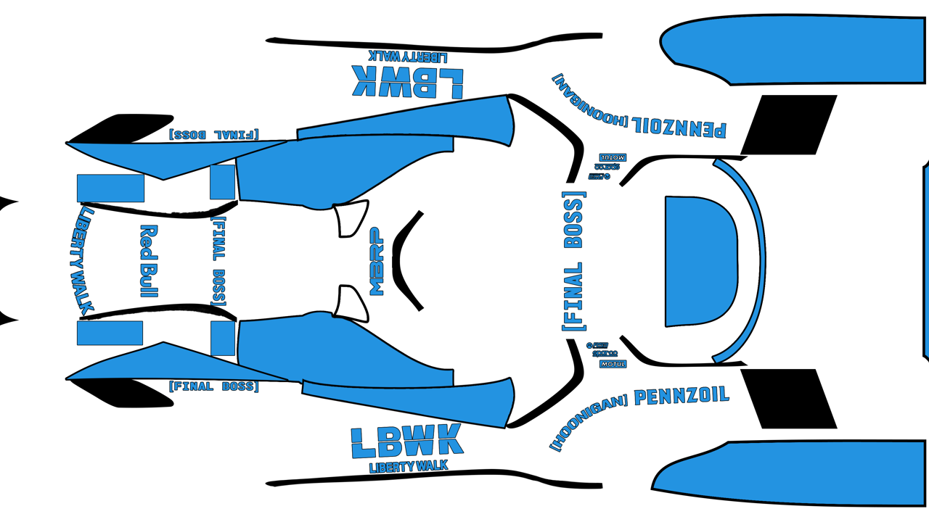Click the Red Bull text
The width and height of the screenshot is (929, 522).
tap(149, 261)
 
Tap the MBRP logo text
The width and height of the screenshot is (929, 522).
tap(377, 262)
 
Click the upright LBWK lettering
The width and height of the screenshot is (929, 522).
tap(406, 441)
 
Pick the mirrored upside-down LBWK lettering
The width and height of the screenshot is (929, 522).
tap(407, 82)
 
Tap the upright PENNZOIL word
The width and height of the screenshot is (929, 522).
tap(681, 397)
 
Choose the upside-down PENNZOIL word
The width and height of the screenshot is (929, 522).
tap(679, 127)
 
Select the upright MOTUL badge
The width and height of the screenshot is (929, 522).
tap(613, 363)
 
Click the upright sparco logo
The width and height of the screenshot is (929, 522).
tap(605, 354)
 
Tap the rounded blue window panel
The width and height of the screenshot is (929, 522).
tap(700, 261)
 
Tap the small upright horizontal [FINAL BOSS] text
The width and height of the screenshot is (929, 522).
tap(213, 386)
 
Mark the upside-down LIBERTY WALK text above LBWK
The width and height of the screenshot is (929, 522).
tap(408, 55)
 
